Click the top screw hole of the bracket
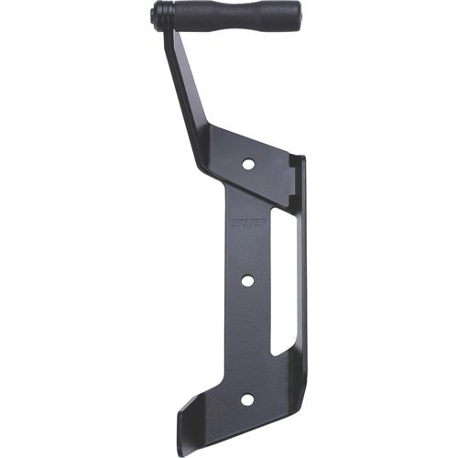pos(247,164)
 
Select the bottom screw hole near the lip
pos(246,400)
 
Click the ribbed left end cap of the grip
pos(161,15)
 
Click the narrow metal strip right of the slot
pos(299,284)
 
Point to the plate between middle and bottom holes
pos(245,339)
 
